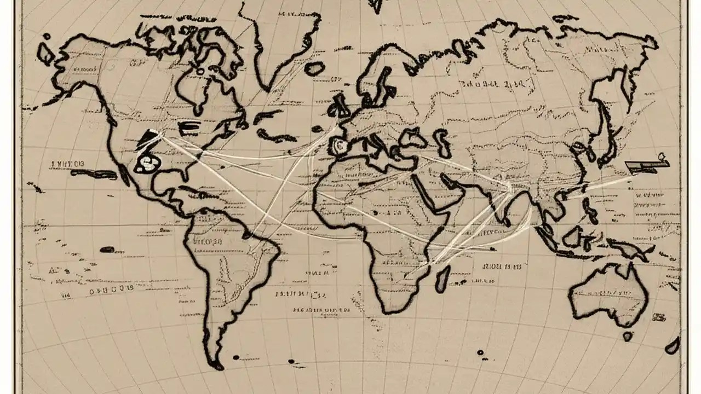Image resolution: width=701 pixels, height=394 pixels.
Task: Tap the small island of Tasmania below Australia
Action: (628, 335)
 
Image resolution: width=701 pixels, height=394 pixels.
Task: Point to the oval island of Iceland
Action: (314, 68)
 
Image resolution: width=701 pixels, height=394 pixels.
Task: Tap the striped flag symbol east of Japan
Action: (646, 165)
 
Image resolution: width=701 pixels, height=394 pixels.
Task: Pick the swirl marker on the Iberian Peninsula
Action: (338, 145)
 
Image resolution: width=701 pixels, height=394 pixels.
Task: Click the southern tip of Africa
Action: (392, 311)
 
